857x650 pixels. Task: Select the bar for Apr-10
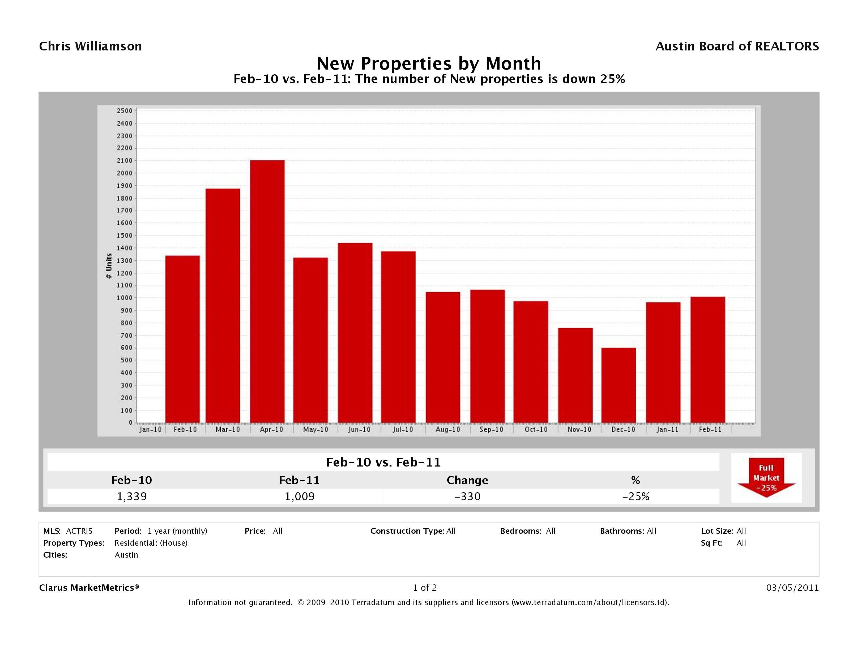(x=267, y=291)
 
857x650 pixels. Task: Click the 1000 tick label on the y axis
(x=124, y=298)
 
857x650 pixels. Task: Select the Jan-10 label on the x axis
(x=150, y=430)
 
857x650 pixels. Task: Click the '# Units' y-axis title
(x=109, y=266)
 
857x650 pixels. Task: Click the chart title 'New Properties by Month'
(x=429, y=63)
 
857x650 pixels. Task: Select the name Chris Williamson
(x=91, y=46)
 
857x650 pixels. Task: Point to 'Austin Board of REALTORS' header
(x=737, y=46)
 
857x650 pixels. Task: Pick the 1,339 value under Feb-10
(x=132, y=497)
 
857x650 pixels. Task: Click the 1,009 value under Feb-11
(x=300, y=497)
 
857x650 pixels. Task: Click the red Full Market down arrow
(x=766, y=478)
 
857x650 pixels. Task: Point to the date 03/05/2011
(x=792, y=588)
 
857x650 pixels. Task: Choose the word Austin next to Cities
(x=126, y=555)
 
